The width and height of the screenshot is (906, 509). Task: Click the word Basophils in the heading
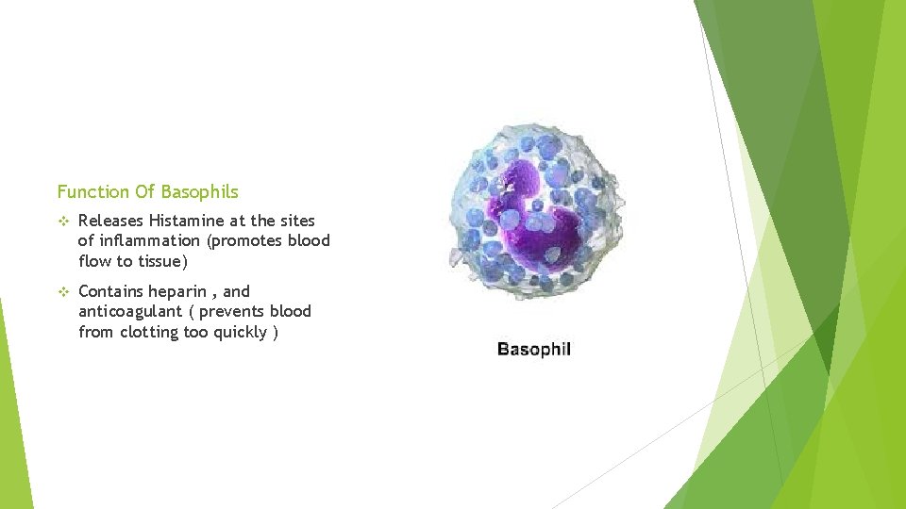pos(199,192)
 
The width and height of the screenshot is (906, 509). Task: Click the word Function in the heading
pos(92,192)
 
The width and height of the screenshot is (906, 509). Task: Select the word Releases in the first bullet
pos(110,221)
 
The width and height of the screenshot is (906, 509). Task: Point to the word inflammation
pos(143,241)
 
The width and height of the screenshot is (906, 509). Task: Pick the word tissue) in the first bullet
pos(161,261)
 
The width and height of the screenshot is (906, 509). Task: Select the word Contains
pos(110,292)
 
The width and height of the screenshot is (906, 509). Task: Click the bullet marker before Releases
pos(63,221)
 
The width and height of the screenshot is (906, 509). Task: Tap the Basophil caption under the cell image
pos(534,350)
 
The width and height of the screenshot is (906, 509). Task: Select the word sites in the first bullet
pos(296,221)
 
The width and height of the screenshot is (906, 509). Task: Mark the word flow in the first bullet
pos(95,261)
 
